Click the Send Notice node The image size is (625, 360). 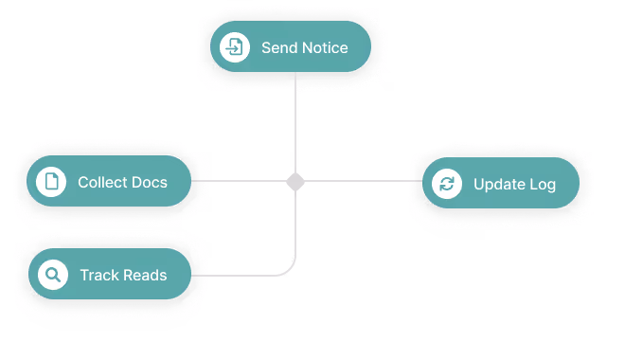pyautogui.click(x=290, y=47)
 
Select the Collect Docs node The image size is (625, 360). pyautogui.click(x=109, y=181)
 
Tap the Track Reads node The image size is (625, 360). pyautogui.click(x=110, y=275)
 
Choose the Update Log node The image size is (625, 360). pyautogui.click(x=500, y=184)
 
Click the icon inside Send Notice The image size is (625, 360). pyautogui.click(x=235, y=47)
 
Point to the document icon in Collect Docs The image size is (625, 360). pyautogui.click(x=51, y=181)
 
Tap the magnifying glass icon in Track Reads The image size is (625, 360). pyautogui.click(x=53, y=275)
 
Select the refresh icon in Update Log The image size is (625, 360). pyautogui.click(x=446, y=184)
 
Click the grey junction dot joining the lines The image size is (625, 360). pyautogui.click(x=295, y=181)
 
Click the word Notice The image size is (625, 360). pyautogui.click(x=324, y=47)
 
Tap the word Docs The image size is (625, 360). pyautogui.click(x=150, y=182)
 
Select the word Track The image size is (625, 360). pyautogui.click(x=98, y=276)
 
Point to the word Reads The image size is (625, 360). pyautogui.click(x=145, y=276)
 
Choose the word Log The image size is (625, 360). pyautogui.click(x=543, y=185)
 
